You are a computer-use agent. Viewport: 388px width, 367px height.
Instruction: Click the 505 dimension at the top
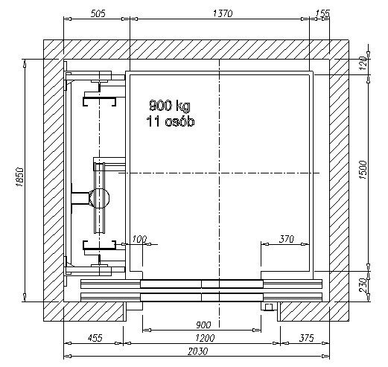98,13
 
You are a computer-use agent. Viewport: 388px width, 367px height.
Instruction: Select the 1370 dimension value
223,13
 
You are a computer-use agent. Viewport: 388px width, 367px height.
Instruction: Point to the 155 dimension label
323,13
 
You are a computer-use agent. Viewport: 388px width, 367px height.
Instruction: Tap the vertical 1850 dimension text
19,177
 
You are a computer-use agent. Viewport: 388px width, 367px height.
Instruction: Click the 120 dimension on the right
363,63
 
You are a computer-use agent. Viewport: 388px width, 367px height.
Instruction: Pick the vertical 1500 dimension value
363,170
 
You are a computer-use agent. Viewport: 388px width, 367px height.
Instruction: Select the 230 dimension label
363,285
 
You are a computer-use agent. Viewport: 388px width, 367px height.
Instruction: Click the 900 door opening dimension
203,325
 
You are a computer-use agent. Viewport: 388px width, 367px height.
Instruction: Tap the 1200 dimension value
205,338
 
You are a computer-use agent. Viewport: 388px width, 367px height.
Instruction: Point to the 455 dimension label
95,338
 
